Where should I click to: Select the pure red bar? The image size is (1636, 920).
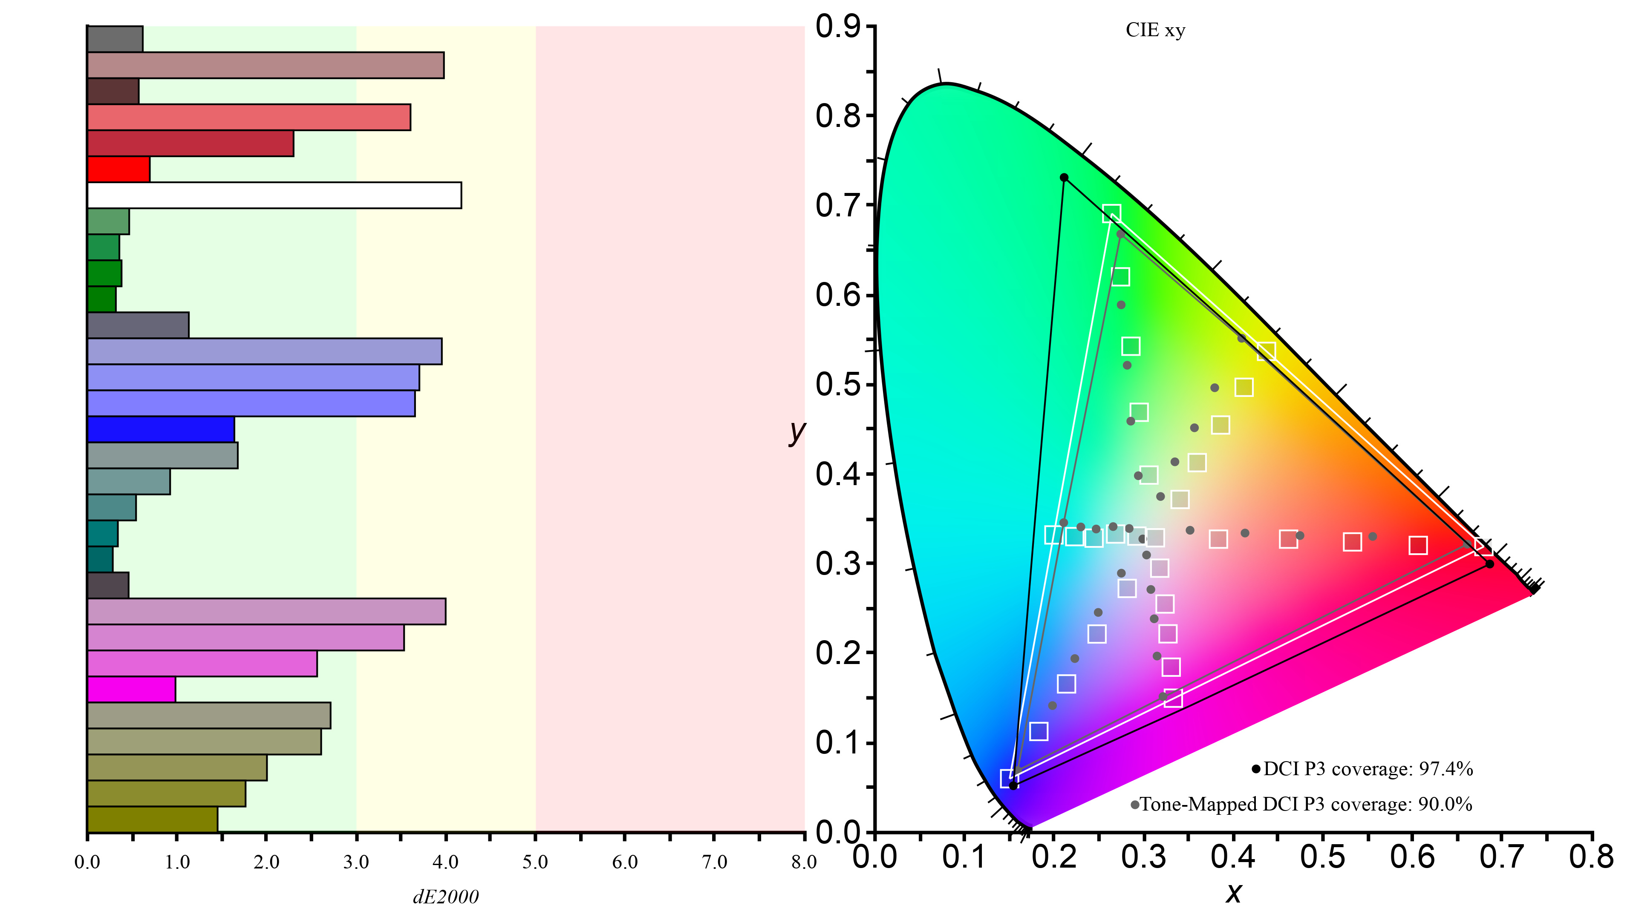click(x=119, y=169)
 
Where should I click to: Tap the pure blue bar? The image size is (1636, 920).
click(x=161, y=429)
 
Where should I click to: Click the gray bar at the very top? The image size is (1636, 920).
click(x=115, y=39)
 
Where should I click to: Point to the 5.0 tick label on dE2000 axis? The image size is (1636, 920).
click(x=535, y=862)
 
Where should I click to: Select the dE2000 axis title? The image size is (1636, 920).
click(x=446, y=897)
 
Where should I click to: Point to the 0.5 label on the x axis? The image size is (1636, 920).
click(x=1322, y=857)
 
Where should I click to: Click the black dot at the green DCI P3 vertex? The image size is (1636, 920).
click(x=1064, y=178)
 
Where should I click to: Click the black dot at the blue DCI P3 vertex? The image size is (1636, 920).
click(x=1014, y=785)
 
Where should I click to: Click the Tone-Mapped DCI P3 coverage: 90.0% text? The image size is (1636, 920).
click(x=1306, y=805)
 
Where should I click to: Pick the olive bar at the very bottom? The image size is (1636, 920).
click(x=153, y=819)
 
